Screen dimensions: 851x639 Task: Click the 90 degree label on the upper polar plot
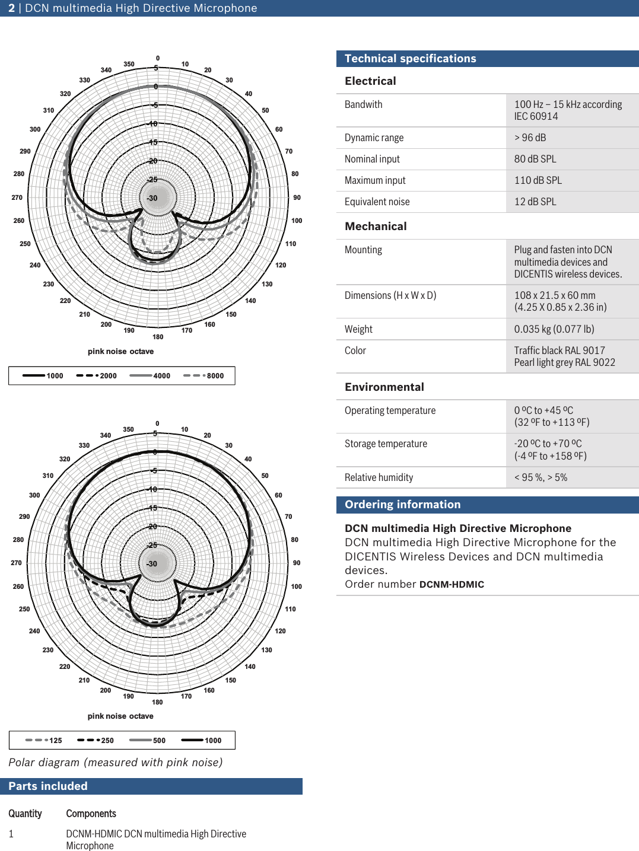click(297, 197)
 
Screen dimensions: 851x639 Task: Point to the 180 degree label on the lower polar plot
click(157, 702)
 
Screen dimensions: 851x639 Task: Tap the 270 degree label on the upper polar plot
click(17, 197)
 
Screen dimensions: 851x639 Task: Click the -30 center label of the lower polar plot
click(152, 564)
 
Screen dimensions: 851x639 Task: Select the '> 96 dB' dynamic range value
click(530, 138)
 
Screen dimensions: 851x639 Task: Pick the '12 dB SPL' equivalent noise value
click(535, 202)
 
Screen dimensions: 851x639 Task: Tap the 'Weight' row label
click(358, 329)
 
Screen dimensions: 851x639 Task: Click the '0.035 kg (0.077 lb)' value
click(554, 329)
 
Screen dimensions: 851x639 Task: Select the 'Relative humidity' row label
click(379, 477)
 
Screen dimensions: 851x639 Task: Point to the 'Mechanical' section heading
click(376, 226)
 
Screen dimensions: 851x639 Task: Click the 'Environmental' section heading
click(384, 387)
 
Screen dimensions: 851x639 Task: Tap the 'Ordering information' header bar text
click(402, 504)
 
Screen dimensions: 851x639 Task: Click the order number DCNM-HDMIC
click(452, 584)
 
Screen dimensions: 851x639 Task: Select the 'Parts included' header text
click(48, 786)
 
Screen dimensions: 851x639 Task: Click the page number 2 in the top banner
click(11, 8)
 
